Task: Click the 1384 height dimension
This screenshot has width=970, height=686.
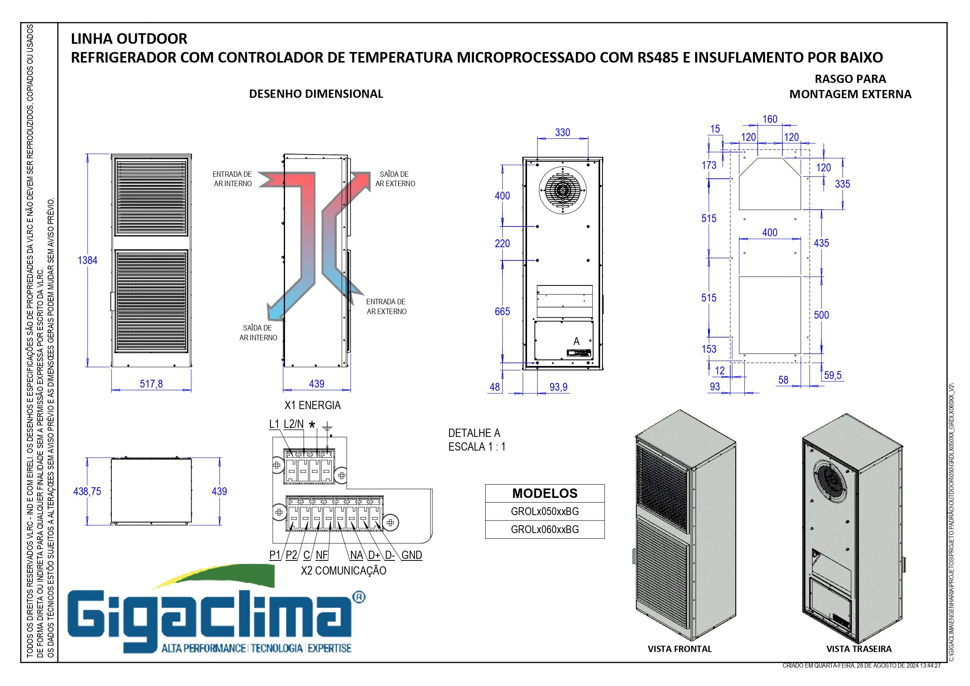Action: [x=88, y=260]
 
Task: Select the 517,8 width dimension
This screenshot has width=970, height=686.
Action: [x=151, y=384]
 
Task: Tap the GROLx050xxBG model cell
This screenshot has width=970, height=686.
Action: [x=545, y=512]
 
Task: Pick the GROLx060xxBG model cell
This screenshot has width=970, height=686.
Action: [x=545, y=529]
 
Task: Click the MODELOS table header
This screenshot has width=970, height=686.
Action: [x=545, y=493]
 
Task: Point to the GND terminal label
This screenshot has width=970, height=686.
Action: [x=411, y=555]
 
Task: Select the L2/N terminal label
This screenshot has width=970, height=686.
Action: [x=294, y=424]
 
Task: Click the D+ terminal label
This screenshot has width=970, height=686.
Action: [x=374, y=555]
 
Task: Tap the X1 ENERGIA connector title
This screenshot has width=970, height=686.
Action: [x=312, y=405]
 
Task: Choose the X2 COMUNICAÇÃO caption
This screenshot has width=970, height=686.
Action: [x=344, y=571]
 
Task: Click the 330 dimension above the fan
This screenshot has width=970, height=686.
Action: [x=562, y=132]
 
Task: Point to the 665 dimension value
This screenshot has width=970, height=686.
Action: [x=502, y=311]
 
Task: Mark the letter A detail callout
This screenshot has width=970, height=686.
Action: [x=576, y=341]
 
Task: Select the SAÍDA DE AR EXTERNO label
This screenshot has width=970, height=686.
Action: [x=395, y=179]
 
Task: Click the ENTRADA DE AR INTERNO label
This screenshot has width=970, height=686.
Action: [x=232, y=179]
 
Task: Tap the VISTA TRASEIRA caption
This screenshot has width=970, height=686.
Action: [x=859, y=649]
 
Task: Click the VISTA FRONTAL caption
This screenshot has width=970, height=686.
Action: [x=680, y=649]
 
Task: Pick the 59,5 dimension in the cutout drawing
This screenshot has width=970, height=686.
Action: [x=832, y=375]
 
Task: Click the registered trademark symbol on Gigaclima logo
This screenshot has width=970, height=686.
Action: [x=359, y=597]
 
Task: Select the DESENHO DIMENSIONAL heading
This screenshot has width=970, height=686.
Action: [x=316, y=94]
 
